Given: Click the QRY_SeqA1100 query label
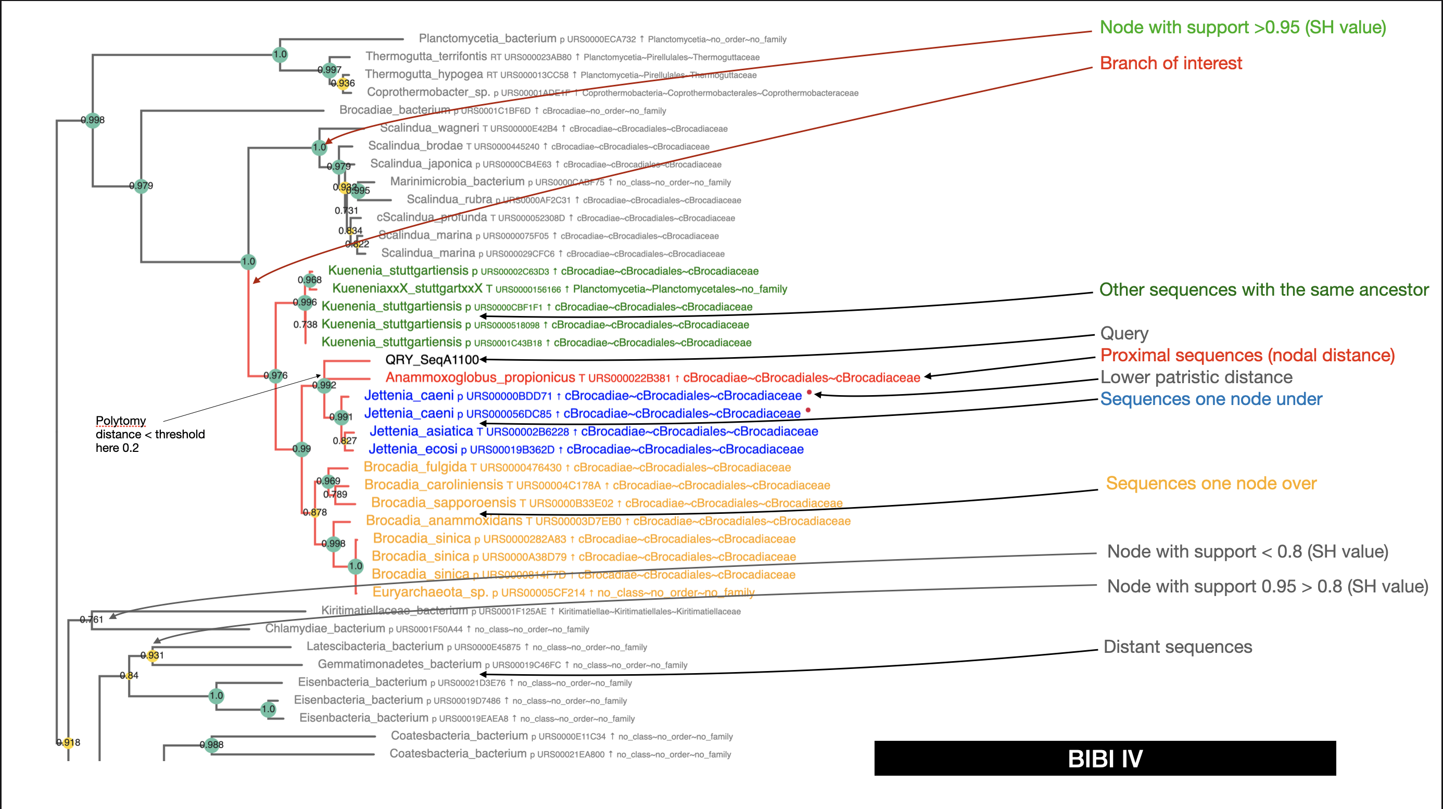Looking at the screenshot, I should tap(432, 360).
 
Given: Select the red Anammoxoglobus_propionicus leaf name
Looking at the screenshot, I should tap(480, 377).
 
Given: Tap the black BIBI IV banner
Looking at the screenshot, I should tap(1105, 759).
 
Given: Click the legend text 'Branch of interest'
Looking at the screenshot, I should tap(1171, 64).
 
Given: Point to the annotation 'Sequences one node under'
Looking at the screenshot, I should tap(1210, 399).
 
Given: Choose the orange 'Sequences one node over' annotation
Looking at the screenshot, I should tap(1210, 484).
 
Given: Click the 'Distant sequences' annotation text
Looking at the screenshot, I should tap(1178, 647).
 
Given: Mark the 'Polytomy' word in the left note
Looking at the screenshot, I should tap(120, 421).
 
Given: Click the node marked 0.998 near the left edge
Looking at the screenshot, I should tap(93, 119).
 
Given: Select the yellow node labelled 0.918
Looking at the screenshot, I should tap(68, 743).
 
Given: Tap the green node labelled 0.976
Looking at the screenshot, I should tap(275, 375).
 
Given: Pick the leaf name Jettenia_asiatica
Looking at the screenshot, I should tap(421, 432).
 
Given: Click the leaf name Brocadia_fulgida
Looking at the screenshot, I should tap(415, 467).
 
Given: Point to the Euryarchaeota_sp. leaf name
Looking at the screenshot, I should tap(430, 592).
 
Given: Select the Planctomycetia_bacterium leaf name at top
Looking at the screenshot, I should tap(487, 39).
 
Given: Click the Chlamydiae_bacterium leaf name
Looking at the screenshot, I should tap(325, 628).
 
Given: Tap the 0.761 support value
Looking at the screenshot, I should tap(91, 619).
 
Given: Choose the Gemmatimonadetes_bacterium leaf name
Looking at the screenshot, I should tap(399, 664).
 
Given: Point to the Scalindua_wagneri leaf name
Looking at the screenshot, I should tap(429, 128).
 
